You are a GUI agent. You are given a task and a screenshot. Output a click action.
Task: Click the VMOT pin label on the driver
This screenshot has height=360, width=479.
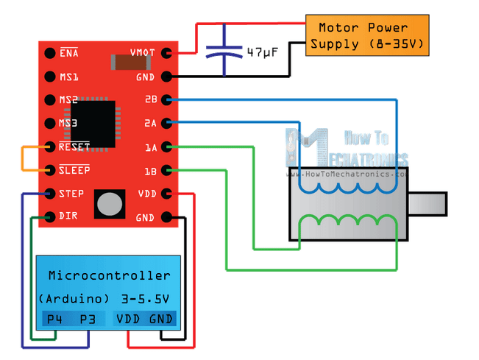click(142, 53)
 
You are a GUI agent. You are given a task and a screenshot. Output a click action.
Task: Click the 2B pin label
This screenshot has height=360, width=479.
click(150, 99)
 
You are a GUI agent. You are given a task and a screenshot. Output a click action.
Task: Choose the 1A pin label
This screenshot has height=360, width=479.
click(150, 147)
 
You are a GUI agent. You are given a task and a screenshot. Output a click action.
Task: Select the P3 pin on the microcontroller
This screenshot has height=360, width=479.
click(88, 319)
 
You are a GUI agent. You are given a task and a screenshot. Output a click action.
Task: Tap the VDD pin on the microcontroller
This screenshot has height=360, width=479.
click(130, 319)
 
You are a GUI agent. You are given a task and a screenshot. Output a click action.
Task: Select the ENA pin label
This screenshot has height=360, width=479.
click(70, 53)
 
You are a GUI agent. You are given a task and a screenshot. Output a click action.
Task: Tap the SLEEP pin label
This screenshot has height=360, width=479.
click(74, 170)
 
